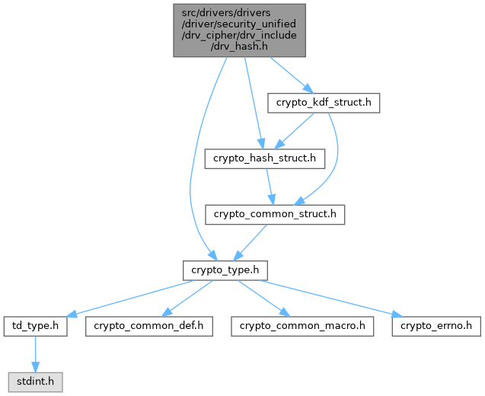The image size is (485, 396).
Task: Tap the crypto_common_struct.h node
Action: (x=275, y=214)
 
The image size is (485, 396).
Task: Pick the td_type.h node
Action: (x=36, y=326)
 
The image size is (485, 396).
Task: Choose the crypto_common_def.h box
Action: (x=149, y=326)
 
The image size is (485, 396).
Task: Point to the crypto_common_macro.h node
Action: (x=303, y=326)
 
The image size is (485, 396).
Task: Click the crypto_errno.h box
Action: (x=437, y=326)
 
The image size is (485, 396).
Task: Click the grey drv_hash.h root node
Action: (x=239, y=30)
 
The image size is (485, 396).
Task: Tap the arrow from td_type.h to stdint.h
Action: (x=34, y=353)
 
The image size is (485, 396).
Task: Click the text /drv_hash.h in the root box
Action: (x=239, y=47)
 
